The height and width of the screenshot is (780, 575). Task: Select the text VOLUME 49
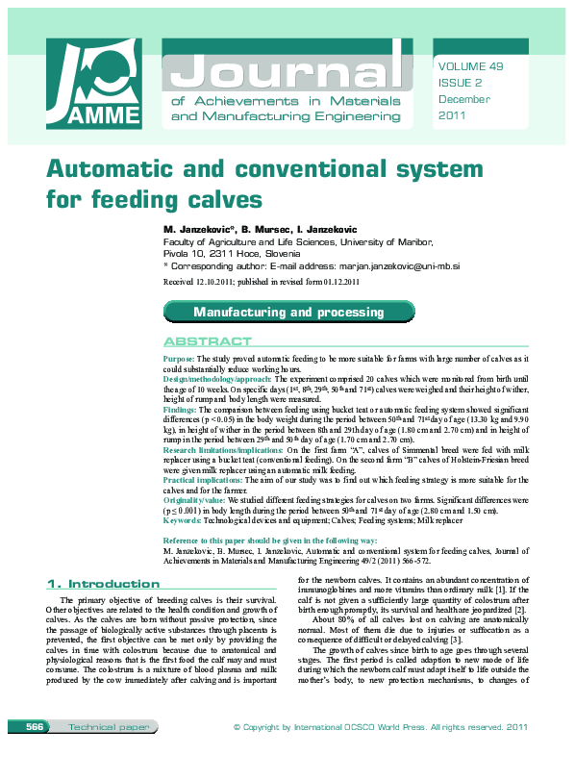click(469, 66)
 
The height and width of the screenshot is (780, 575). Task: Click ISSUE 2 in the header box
click(460, 83)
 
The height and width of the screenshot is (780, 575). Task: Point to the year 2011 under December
click(452, 115)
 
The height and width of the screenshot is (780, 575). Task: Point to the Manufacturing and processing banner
click(288, 313)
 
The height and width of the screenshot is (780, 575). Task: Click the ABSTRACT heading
click(208, 341)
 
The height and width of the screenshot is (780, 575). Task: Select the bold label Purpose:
click(179, 358)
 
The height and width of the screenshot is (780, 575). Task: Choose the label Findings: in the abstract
click(181, 409)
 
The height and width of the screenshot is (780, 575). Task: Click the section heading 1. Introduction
click(103, 584)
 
